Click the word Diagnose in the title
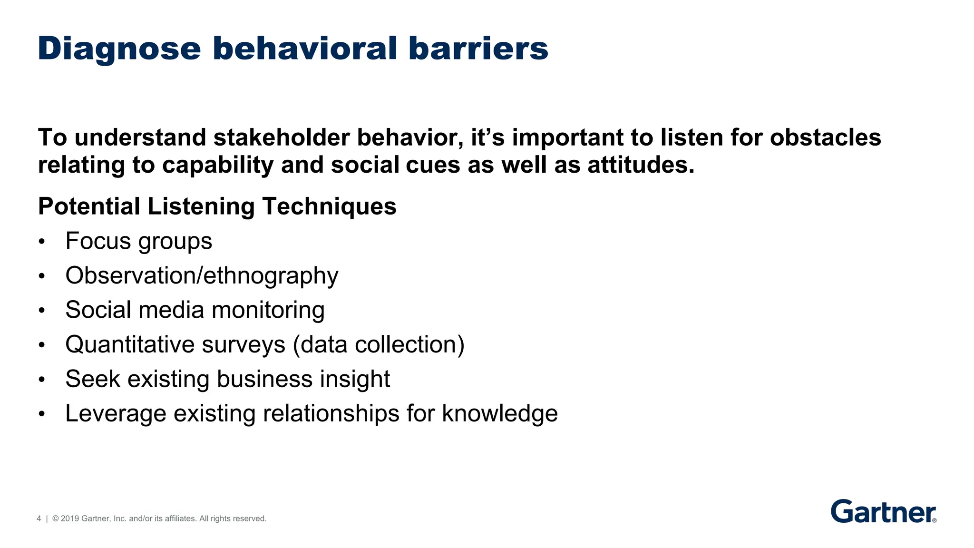[x=119, y=49]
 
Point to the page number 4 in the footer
[x=39, y=519]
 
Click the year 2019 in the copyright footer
[x=70, y=519]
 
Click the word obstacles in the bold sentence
[x=825, y=138]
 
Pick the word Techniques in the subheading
[x=329, y=207]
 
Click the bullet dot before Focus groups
[x=42, y=242]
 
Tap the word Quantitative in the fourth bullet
[x=130, y=345]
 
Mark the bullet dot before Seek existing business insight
[x=42, y=380]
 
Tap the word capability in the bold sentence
[x=217, y=166]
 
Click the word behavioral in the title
[x=304, y=49]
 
